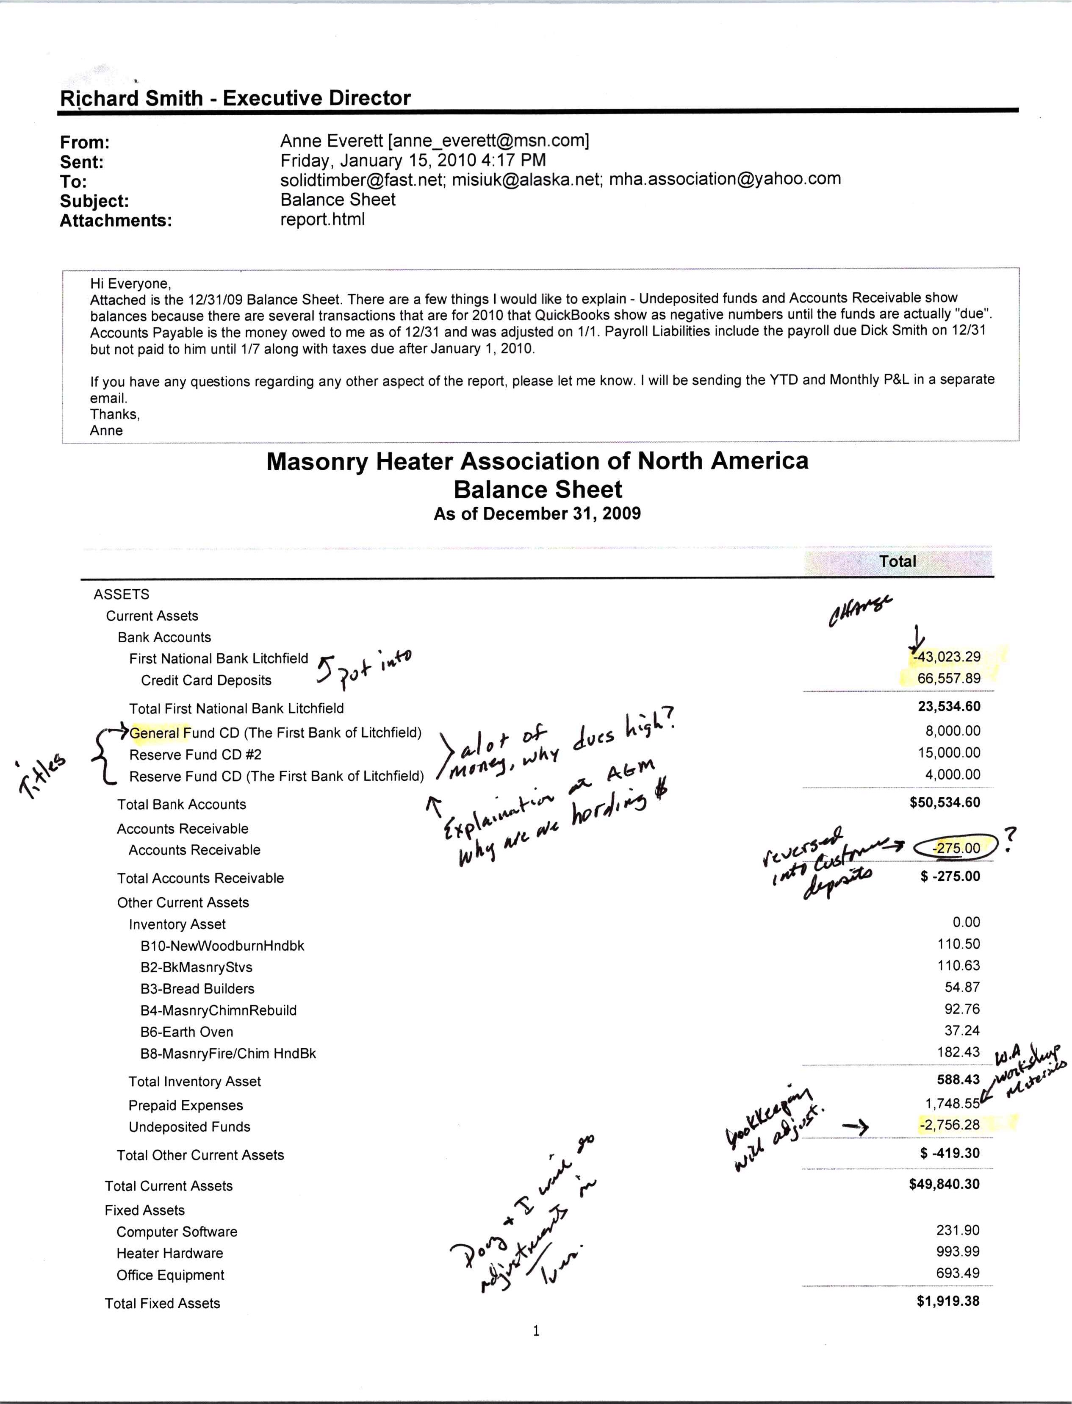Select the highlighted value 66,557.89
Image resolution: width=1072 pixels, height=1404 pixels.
coord(949,678)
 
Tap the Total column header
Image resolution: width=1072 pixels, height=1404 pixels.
coord(897,562)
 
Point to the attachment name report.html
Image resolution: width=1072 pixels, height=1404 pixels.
coord(322,219)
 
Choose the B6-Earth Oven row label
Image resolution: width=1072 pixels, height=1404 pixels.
coord(187,1032)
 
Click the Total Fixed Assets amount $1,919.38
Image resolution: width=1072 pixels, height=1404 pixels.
coord(947,1301)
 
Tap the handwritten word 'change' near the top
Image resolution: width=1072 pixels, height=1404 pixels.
coord(859,610)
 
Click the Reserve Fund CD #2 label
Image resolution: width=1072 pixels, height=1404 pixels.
coord(195,755)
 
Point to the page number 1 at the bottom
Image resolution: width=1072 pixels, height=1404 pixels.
coord(536,1331)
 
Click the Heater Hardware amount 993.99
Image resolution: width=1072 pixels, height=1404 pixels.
coord(958,1251)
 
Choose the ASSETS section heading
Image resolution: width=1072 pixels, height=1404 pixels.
coord(121,594)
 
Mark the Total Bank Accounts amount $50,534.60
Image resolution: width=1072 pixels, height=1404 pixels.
coord(945,802)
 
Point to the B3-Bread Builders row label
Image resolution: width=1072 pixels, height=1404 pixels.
coord(197,988)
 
